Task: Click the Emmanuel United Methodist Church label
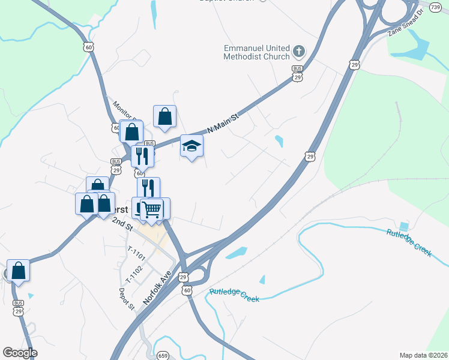coord(256,52)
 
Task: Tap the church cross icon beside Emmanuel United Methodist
coord(299,52)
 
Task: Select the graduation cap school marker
coord(191,146)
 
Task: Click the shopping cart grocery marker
coord(152,209)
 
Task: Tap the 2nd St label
coord(122,224)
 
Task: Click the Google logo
coord(20,353)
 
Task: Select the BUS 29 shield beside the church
coord(297,73)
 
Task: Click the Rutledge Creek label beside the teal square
coord(409,243)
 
